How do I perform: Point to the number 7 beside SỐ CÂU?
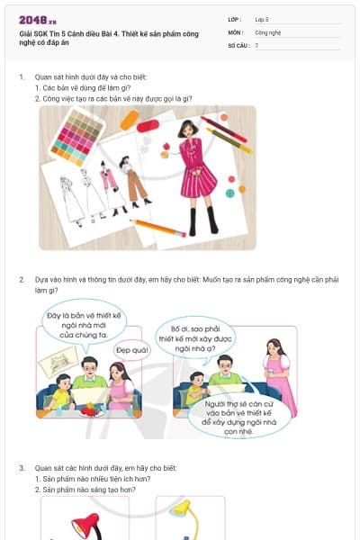tap(256, 45)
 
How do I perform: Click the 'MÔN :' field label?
tap(236, 31)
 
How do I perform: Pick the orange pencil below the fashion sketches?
tap(157, 227)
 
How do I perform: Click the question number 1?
tap(22, 77)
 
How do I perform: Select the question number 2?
tap(22, 279)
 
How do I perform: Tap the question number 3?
tap(22, 468)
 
